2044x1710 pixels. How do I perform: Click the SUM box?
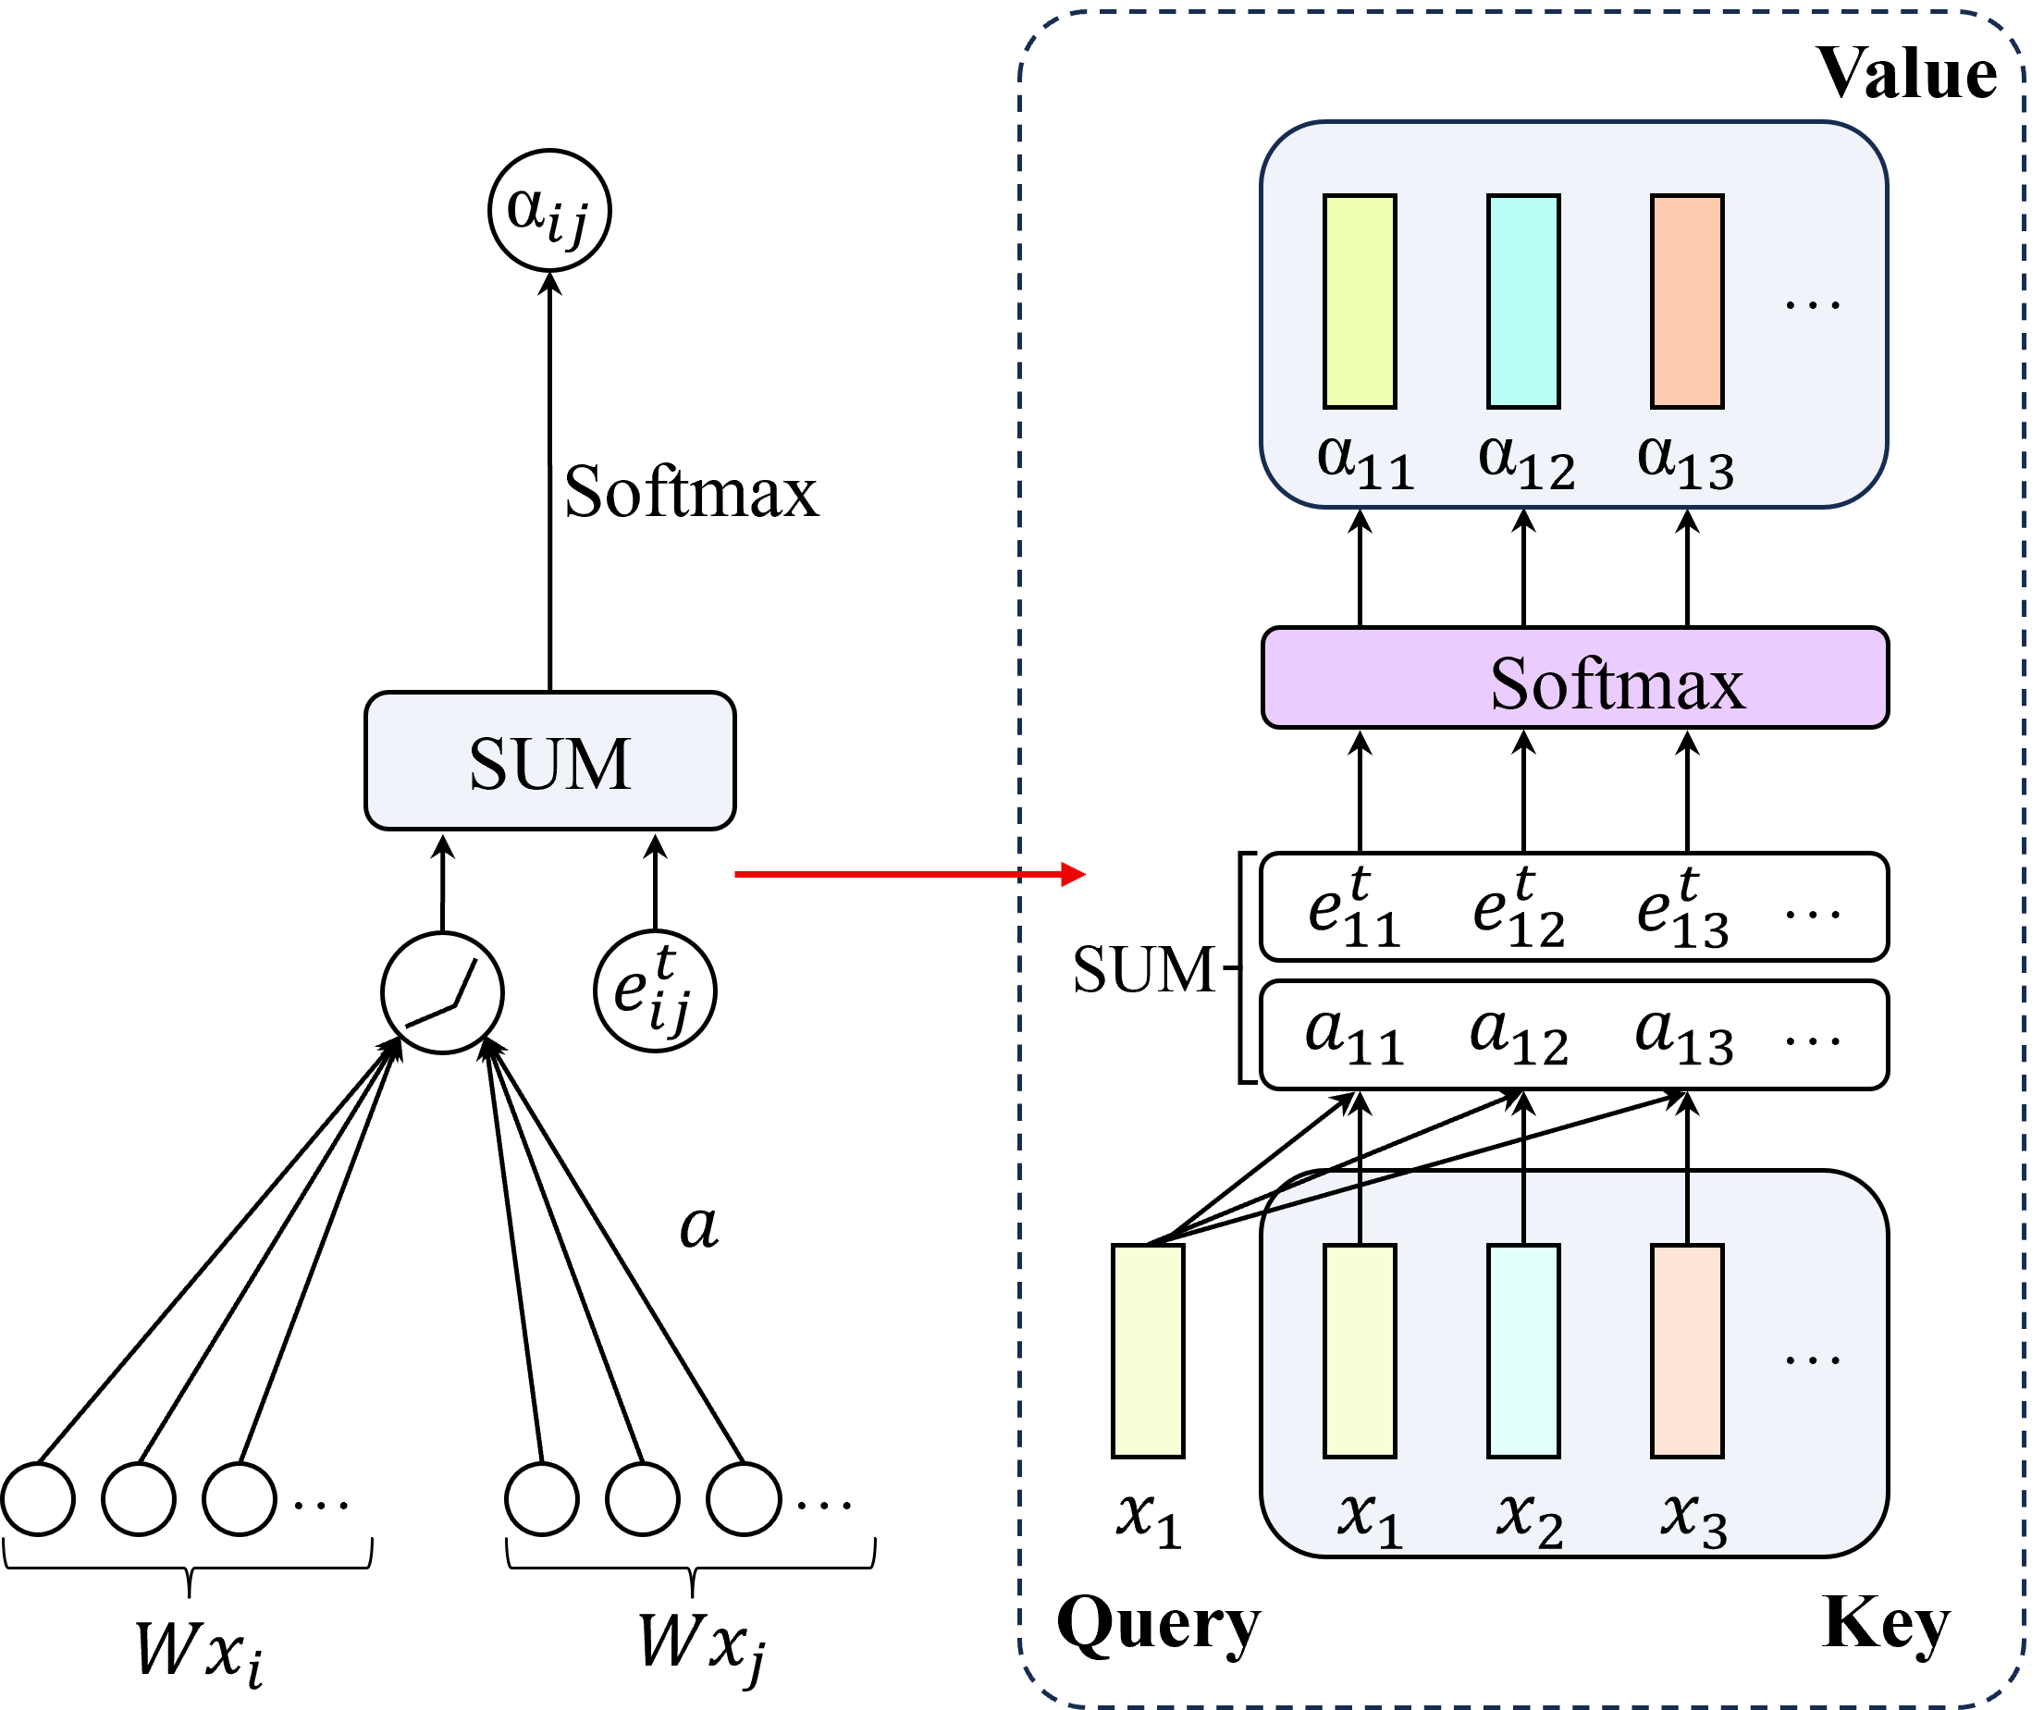550,761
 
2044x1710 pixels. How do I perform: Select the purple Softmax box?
1575,678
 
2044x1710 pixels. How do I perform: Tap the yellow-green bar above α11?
1360,301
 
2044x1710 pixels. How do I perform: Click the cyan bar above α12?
1523,301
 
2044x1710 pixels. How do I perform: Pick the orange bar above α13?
1687,301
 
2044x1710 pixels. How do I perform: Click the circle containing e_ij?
655,991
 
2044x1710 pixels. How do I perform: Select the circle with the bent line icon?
443,992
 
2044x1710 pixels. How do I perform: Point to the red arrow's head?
1076,874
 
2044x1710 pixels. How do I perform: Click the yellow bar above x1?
1360,1351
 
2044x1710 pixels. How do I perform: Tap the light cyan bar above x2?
1523,1351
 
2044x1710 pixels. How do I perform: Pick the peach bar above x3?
1687,1351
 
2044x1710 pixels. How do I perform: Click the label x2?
1529,1520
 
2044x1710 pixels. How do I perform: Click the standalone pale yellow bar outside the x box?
1148,1351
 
